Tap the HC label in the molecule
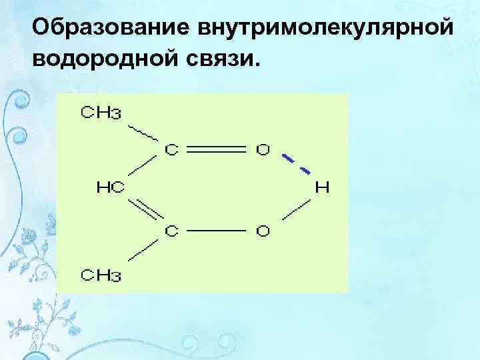pyautogui.click(x=109, y=189)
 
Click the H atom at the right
pyautogui.click(x=322, y=187)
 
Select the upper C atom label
pyautogui.click(x=172, y=149)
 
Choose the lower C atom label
pyautogui.click(x=172, y=231)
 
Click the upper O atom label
pyautogui.click(x=264, y=149)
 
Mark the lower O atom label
pyautogui.click(x=264, y=231)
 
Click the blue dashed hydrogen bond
pyautogui.click(x=295, y=164)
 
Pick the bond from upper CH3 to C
pyautogui.click(x=143, y=133)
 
